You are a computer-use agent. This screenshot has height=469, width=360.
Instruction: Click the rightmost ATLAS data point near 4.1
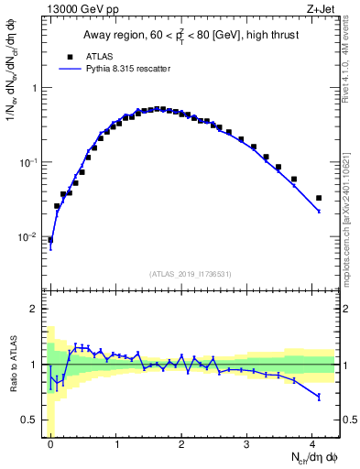coord(319,198)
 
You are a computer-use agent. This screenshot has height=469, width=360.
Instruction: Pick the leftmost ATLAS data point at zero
coord(50,240)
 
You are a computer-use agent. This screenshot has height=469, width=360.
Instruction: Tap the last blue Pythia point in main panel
coord(319,212)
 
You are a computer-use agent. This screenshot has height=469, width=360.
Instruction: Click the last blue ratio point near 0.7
coord(319,397)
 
